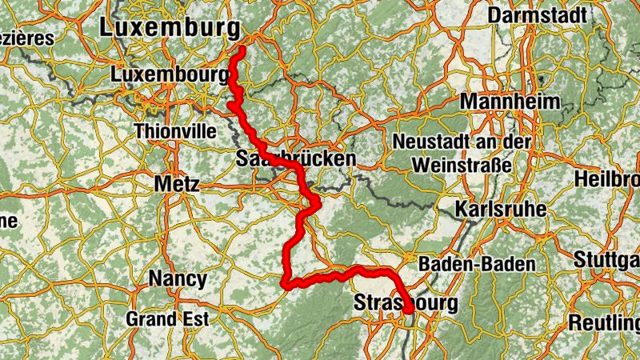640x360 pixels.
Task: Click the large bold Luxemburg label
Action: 170,28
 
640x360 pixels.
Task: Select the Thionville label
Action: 176,130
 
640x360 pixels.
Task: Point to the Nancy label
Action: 178,280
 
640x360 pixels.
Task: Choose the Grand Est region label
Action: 167,318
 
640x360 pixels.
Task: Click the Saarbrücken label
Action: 296,159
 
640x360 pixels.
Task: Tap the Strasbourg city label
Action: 406,304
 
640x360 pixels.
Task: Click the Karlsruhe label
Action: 501,210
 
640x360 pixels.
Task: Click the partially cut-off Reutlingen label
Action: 604,322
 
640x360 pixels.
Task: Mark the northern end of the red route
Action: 242,50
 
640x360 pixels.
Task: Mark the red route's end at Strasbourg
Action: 409,310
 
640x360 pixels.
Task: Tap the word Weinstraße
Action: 462,164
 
